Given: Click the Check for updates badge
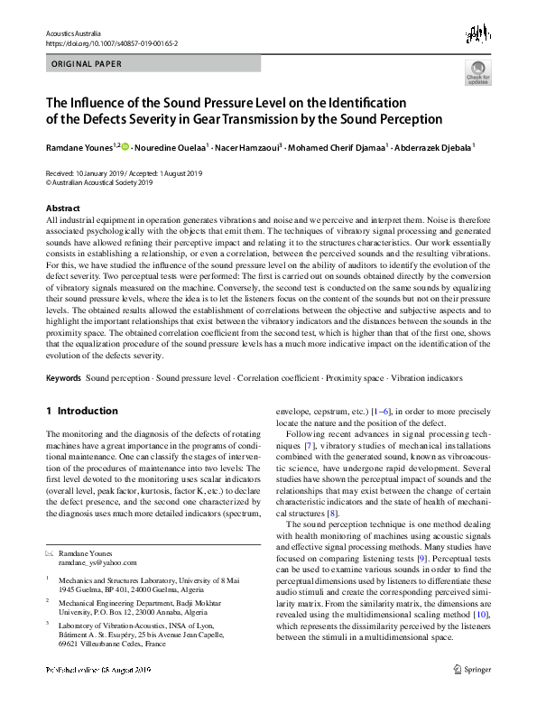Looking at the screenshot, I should (x=477, y=73).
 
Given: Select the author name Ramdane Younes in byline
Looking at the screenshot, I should (x=80, y=146).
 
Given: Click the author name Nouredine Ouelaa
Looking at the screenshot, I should (x=171, y=146).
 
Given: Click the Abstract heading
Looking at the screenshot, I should (x=62, y=208).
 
